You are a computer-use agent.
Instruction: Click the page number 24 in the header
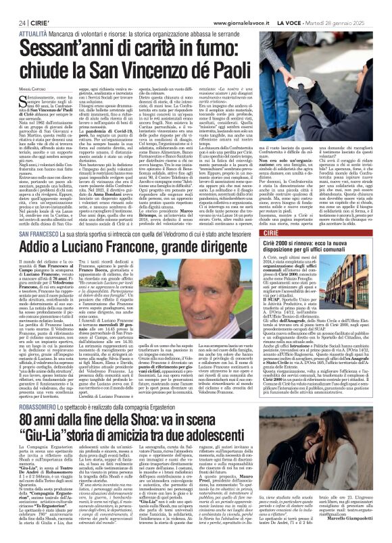[13, 5]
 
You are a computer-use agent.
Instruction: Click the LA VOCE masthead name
[304, 5]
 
